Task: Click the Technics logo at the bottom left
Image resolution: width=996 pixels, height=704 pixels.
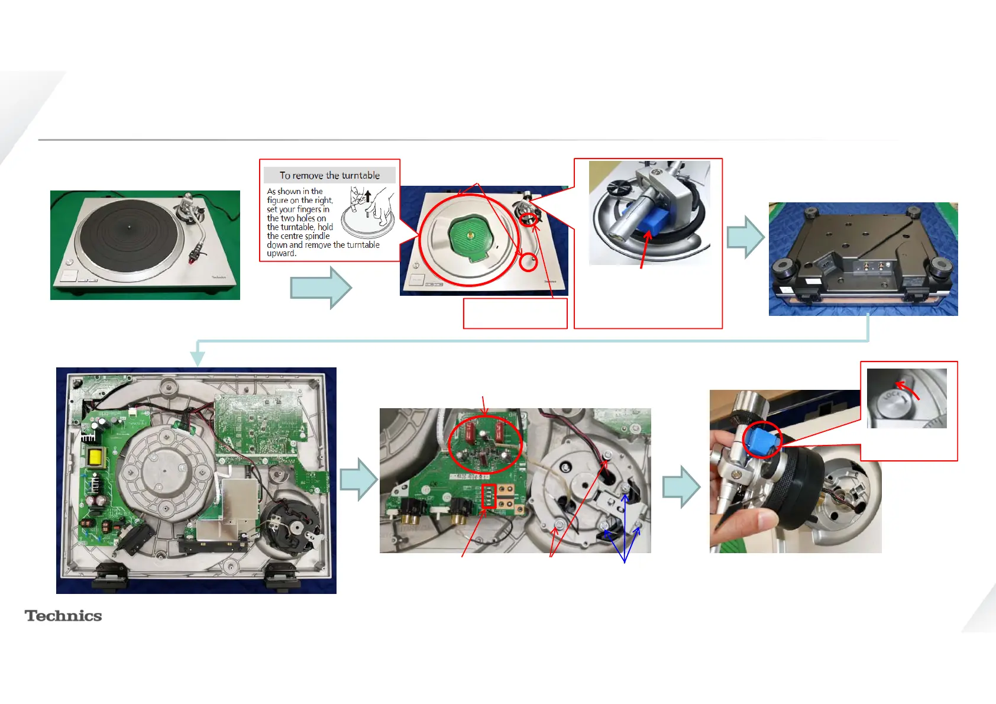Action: pos(63,616)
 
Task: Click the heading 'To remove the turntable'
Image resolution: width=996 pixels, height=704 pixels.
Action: pos(329,175)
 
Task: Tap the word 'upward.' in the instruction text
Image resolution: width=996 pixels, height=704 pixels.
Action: pos(282,253)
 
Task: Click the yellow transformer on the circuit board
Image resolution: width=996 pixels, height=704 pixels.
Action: pos(95,457)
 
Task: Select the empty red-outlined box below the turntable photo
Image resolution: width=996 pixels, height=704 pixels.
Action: pos(515,313)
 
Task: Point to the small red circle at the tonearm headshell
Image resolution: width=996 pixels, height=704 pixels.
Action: pos(528,262)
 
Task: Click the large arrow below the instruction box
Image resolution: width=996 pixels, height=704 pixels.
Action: pos(321,288)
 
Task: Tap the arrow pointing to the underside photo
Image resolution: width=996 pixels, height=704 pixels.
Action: pos(745,237)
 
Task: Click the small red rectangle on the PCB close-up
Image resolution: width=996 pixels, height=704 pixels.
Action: pos(489,496)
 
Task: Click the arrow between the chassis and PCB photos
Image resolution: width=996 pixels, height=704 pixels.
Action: pos(359,480)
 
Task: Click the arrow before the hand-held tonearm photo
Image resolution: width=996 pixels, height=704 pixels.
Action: pos(681,486)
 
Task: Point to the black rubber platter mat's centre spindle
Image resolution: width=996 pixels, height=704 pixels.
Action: pos(130,225)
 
